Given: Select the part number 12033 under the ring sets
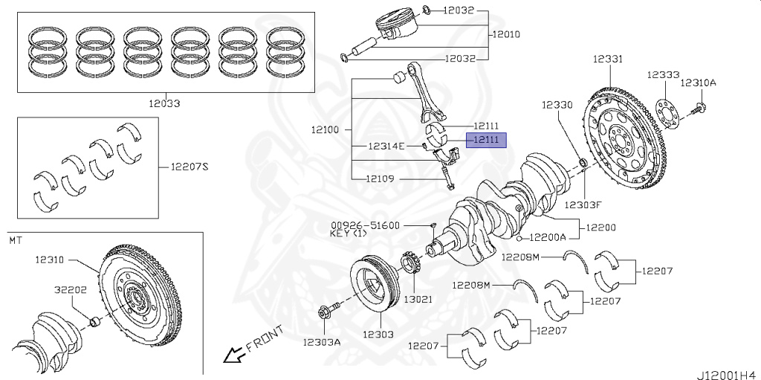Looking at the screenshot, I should (163, 104).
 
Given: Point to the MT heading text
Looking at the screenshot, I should (16, 240).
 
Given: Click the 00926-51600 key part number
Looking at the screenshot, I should (365, 225).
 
